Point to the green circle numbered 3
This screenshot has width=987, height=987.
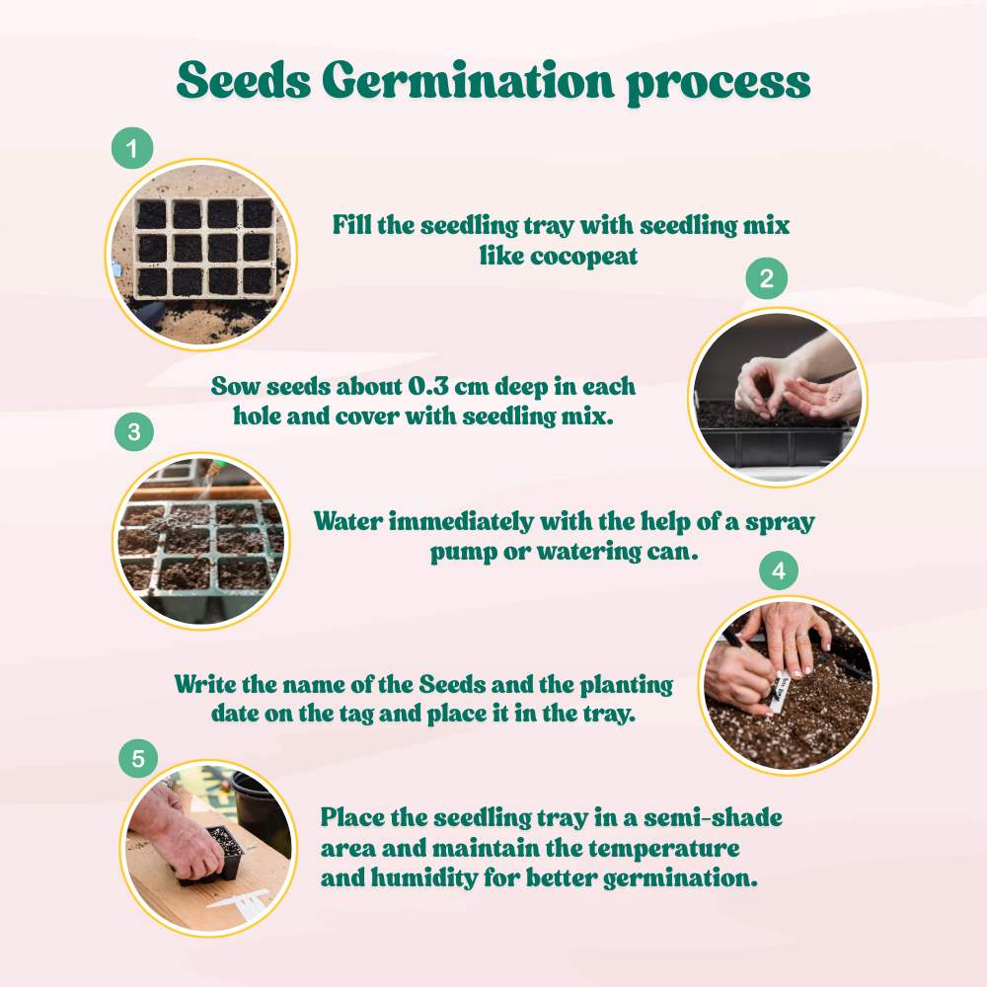tap(135, 431)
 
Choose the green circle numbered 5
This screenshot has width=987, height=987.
tap(138, 759)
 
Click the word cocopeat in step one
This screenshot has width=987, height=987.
tap(595, 256)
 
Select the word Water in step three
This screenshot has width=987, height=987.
tap(351, 522)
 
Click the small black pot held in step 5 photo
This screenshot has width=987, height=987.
tap(221, 851)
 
